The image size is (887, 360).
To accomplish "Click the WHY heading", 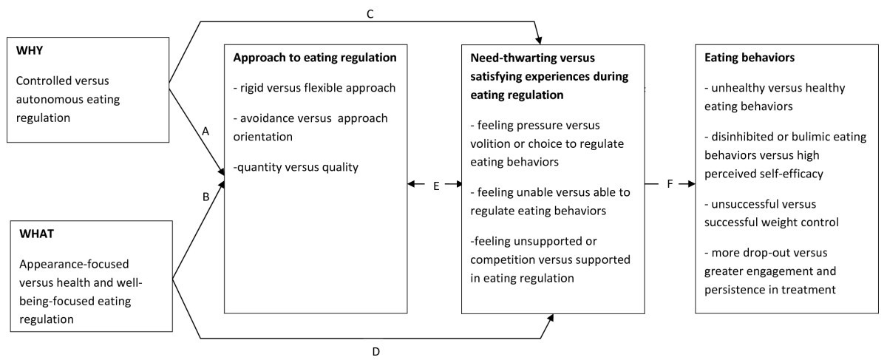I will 29,55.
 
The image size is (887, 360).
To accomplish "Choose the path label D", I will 375,351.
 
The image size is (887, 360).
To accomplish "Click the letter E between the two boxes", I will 436,186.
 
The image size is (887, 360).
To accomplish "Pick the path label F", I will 670,183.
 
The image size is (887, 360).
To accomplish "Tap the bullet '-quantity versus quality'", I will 296,167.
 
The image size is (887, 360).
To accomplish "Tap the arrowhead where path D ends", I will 550,317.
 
